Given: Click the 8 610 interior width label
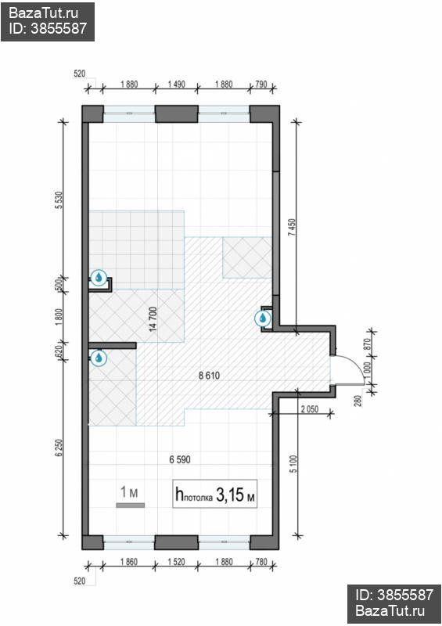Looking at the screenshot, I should pos(209,376).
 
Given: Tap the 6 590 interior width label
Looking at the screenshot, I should pos(180,459).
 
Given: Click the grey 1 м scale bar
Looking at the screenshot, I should pos(130,505).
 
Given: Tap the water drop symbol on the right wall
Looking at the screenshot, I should pos(264,318).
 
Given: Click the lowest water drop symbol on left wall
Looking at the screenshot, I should pos(99,358).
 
